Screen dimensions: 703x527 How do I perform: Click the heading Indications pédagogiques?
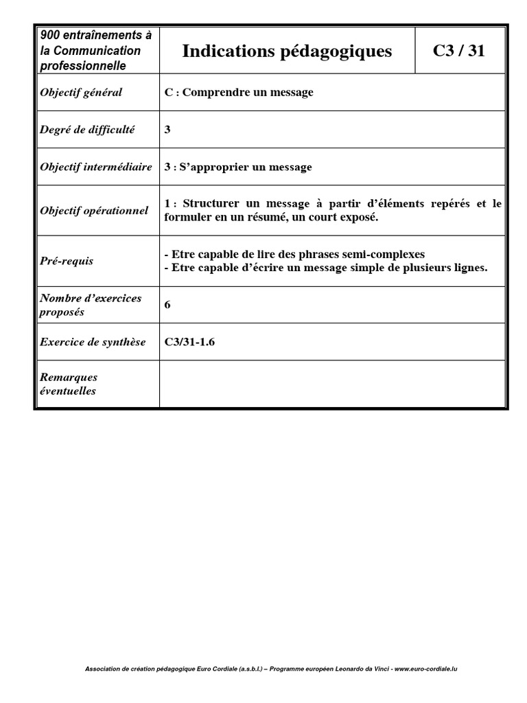pyautogui.click(x=287, y=51)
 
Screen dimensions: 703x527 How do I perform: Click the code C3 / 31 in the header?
pyautogui.click(x=459, y=50)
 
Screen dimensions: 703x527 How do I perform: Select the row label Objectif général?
pyautogui.click(x=81, y=93)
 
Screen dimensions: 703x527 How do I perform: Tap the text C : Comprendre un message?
pyautogui.click(x=239, y=93)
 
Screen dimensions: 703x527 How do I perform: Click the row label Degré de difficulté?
pyautogui.click(x=87, y=129)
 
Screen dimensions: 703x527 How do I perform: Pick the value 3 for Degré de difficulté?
pyautogui.click(x=167, y=129)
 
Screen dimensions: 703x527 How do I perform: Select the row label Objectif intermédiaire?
pyautogui.click(x=95, y=167)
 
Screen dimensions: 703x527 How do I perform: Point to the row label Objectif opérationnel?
pyautogui.click(x=93, y=211)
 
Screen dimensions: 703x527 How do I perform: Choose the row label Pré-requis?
pyautogui.click(x=67, y=261)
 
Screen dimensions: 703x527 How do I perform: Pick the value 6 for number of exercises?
pyautogui.click(x=167, y=304)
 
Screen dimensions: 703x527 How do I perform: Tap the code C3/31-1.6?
pyautogui.click(x=189, y=342)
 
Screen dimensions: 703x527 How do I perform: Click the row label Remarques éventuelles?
pyautogui.click(x=69, y=384)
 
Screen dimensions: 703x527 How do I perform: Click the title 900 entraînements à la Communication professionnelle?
pyautogui.click(x=95, y=50)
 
